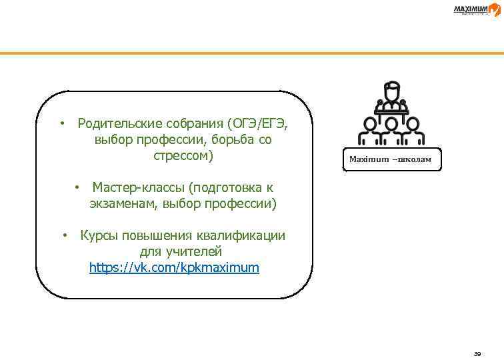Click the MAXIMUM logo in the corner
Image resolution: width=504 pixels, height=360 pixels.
click(x=475, y=9)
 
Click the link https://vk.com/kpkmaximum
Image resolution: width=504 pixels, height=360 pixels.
click(x=174, y=268)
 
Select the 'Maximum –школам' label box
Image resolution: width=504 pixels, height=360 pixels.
click(x=393, y=160)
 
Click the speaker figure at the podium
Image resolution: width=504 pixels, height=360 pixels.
click(x=393, y=97)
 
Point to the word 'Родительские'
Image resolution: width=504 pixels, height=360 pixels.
click(x=117, y=124)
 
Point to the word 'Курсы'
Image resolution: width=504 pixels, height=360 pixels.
click(x=97, y=235)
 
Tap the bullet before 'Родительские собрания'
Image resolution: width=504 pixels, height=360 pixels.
click(x=61, y=124)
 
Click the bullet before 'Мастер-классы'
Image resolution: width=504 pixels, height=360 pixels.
click(x=77, y=187)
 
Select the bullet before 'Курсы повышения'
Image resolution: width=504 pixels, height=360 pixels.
click(x=65, y=235)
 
